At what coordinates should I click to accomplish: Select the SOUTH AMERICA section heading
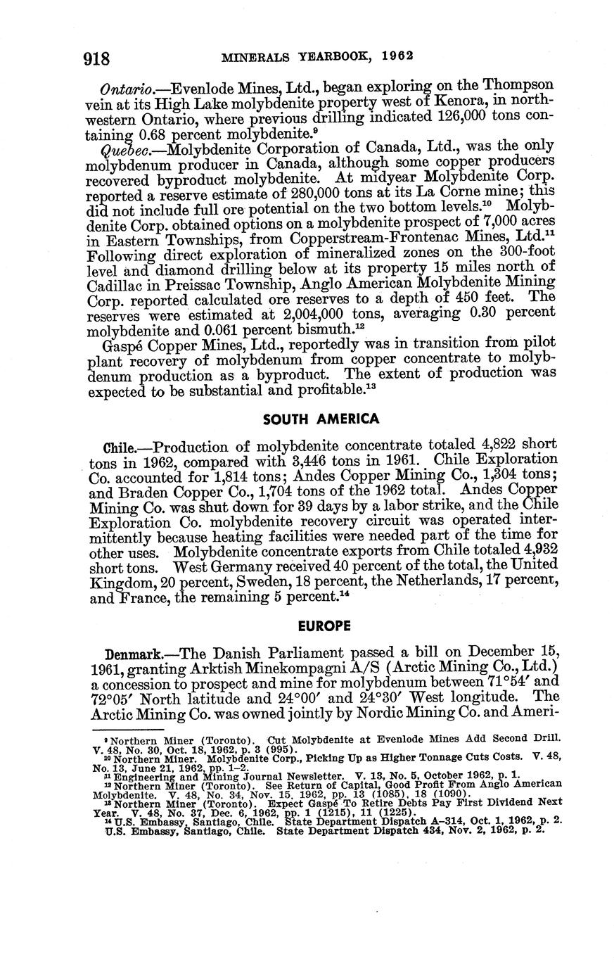[321, 419]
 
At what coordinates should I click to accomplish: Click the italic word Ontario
[127, 89]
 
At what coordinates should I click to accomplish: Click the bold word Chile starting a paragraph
[120, 448]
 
